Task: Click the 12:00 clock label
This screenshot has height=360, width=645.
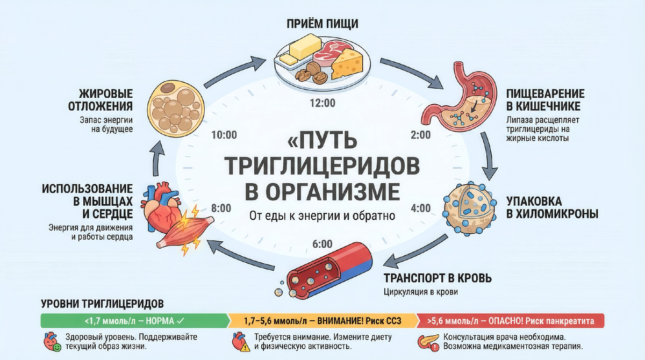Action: pos(322,103)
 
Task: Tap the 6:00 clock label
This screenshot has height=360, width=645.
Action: pos(322,244)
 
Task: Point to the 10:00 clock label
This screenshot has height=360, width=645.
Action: pos(224,135)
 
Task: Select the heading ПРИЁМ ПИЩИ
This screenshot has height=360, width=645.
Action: pos(322,24)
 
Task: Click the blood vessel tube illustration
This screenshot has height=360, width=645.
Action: pos(328,272)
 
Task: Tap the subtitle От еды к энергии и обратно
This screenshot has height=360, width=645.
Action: pos(322,216)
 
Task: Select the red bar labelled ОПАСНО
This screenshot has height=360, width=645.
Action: pos(511,321)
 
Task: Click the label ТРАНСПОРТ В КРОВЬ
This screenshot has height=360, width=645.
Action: pos(438,278)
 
